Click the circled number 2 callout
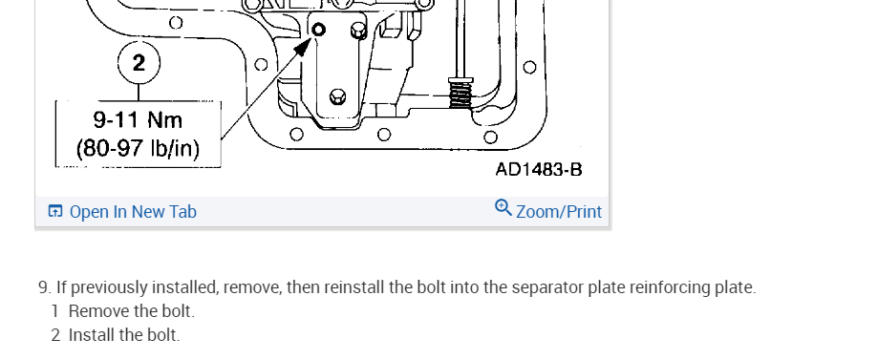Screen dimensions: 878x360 pos(139,62)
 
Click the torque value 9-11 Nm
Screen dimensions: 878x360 pos(138,119)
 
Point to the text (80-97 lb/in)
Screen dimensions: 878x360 pos(138,148)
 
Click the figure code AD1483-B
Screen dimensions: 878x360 pos(539,170)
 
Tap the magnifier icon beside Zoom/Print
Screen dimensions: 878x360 pos(503,208)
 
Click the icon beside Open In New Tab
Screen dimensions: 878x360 pos(54,211)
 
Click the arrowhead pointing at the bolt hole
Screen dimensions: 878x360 pos(303,47)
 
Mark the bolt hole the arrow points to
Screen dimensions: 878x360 pos(318,29)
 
